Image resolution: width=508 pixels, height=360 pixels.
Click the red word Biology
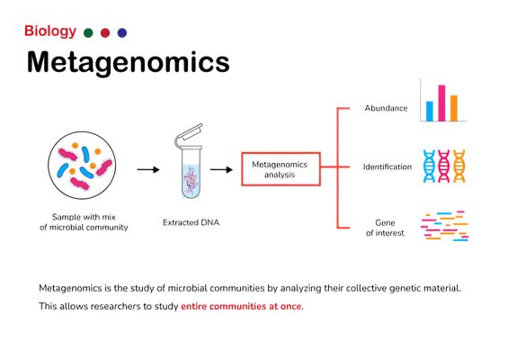coord(50,31)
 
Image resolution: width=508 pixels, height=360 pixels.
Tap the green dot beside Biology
coord(88,32)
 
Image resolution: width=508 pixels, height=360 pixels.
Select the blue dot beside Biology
coord(122,32)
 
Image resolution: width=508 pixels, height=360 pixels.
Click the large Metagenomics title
coord(129,62)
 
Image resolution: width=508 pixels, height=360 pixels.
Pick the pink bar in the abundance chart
coord(441,103)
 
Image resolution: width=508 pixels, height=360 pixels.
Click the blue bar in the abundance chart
coord(429,112)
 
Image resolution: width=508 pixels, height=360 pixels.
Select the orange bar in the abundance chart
coord(454,108)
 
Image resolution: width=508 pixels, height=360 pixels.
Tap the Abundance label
coord(386,108)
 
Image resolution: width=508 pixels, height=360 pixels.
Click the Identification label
coord(388,166)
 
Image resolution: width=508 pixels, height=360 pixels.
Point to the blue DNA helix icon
coord(429,166)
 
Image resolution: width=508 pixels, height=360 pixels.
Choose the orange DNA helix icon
coord(459,166)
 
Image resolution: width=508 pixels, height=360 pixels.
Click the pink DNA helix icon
coord(444,166)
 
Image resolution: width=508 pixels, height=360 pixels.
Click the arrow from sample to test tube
coord(148,169)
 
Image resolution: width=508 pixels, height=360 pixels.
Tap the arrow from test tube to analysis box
coord(221,169)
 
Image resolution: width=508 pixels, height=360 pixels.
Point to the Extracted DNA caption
coord(191,222)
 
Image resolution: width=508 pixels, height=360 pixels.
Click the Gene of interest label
coord(385,228)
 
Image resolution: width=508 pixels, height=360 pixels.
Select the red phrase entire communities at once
coord(241,306)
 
